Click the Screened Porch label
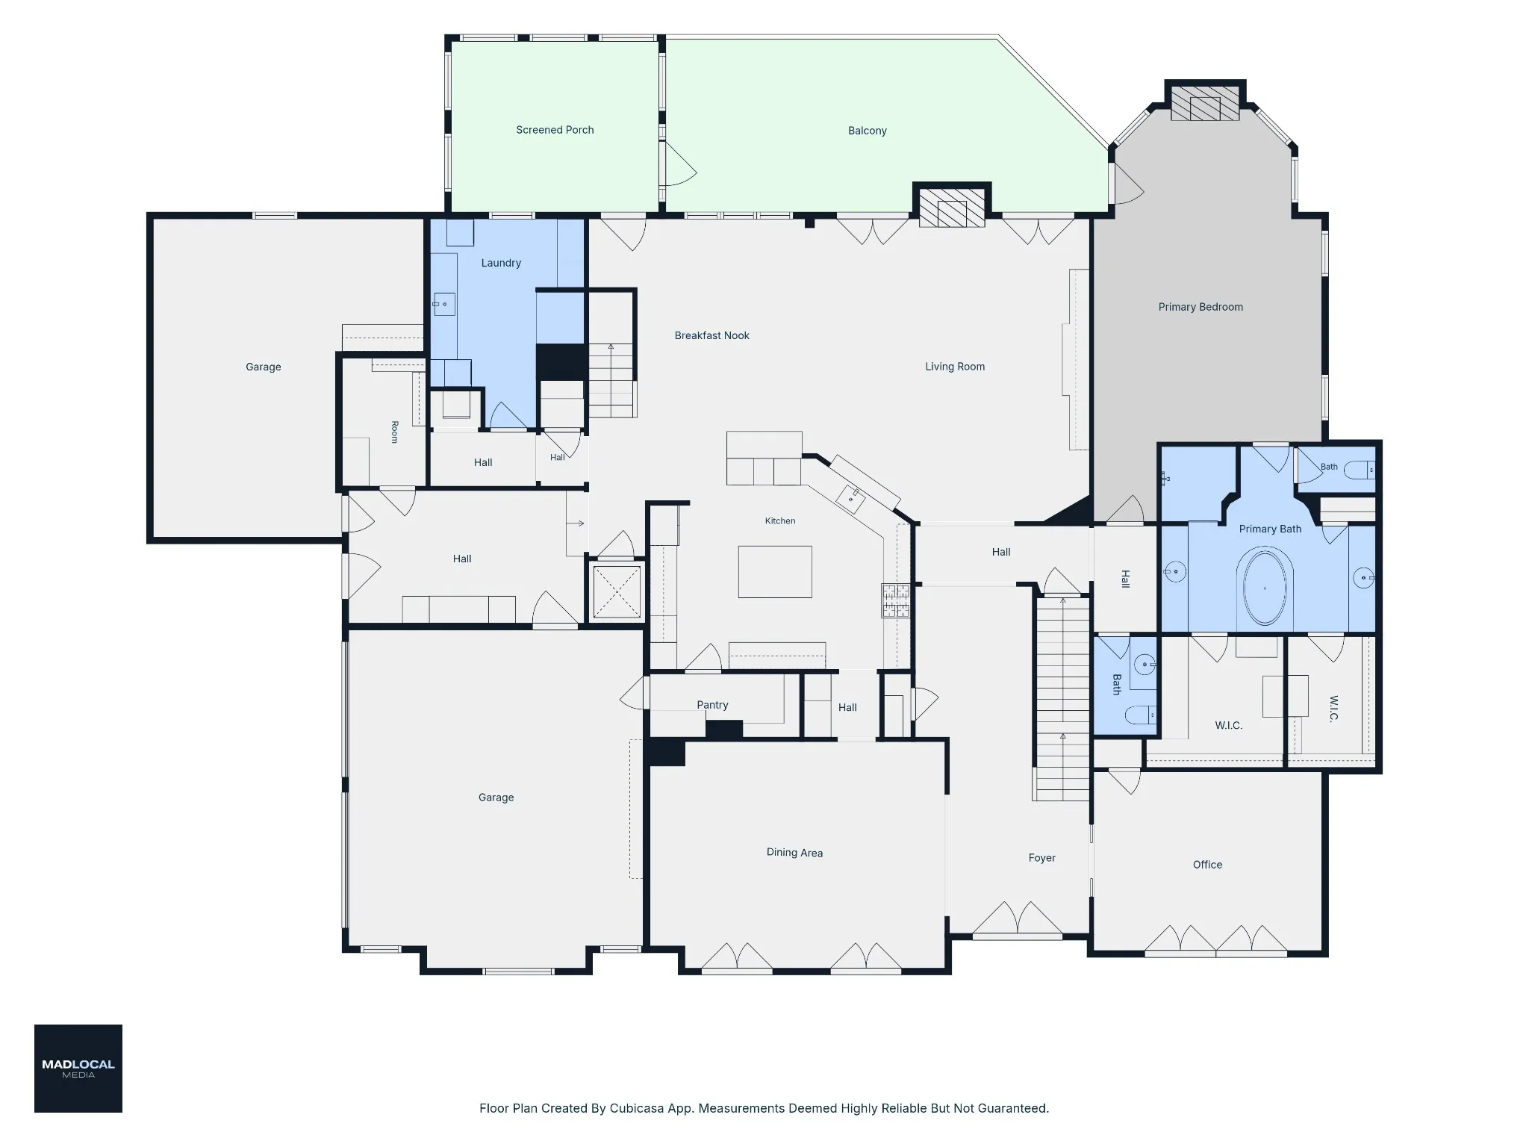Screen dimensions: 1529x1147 pyautogui.click(x=555, y=130)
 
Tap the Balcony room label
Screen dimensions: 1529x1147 pyautogui.click(x=868, y=131)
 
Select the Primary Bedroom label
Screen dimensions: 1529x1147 pyautogui.click(x=1201, y=307)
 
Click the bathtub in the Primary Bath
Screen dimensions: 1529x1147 pyautogui.click(x=1265, y=587)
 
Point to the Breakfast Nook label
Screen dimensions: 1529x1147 pyautogui.click(x=711, y=335)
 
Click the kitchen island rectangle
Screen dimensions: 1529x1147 pyautogui.click(x=775, y=572)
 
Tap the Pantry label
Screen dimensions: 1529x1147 pyautogui.click(x=712, y=705)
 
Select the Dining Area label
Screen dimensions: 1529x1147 pyautogui.click(x=794, y=853)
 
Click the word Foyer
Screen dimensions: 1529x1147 pyautogui.click(x=1041, y=858)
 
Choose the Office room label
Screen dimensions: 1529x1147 pyautogui.click(x=1207, y=865)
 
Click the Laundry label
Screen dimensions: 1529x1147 pyautogui.click(x=501, y=263)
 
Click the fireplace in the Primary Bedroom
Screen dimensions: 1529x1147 pyautogui.click(x=1205, y=103)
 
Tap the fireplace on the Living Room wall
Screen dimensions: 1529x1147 pyautogui.click(x=952, y=208)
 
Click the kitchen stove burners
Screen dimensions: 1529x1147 pyautogui.click(x=896, y=600)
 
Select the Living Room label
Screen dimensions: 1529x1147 pyautogui.click(x=955, y=367)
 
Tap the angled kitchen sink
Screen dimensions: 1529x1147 pyautogui.click(x=850, y=498)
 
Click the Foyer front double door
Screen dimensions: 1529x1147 pyautogui.click(x=1017, y=918)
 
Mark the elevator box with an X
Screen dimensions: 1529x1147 pyautogui.click(x=617, y=591)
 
